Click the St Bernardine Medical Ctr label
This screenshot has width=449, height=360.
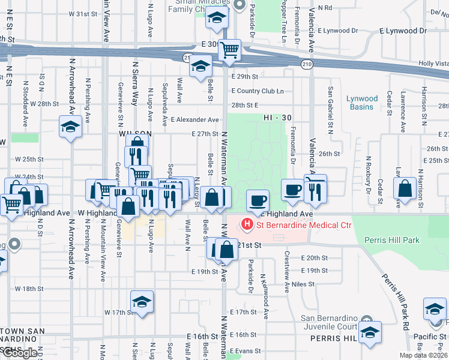point(304,226)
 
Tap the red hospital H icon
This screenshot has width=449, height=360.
point(246,226)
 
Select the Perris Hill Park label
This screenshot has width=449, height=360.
point(391,240)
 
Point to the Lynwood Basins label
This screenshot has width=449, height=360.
point(363,103)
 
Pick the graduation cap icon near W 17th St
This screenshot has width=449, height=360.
point(142,301)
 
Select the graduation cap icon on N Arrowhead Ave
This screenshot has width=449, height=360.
point(70,126)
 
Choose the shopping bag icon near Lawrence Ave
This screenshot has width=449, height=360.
point(405,187)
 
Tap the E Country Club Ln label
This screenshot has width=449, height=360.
point(257,91)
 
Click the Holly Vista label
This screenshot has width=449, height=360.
point(433,64)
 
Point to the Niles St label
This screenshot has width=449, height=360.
point(303,284)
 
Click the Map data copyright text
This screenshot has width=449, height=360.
point(423,355)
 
